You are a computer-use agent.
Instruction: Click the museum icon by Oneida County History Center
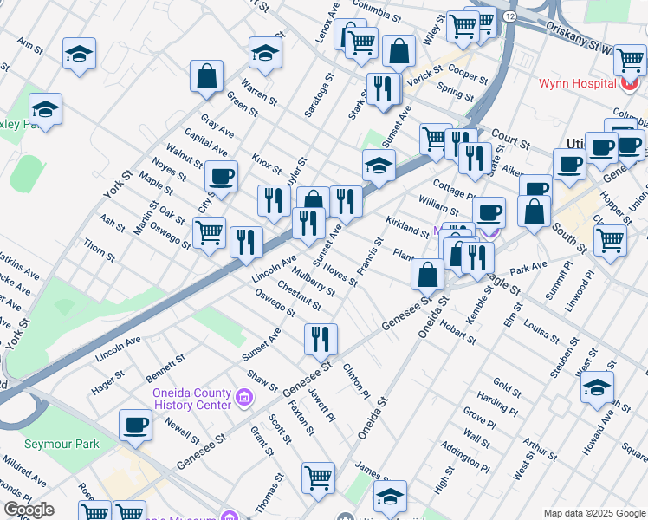(244, 399)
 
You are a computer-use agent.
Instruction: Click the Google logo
(28, 510)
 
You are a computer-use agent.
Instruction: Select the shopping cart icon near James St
(318, 476)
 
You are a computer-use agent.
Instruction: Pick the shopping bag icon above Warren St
(208, 76)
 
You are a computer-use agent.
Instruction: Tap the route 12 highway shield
(509, 16)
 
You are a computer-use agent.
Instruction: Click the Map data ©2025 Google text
(593, 512)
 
